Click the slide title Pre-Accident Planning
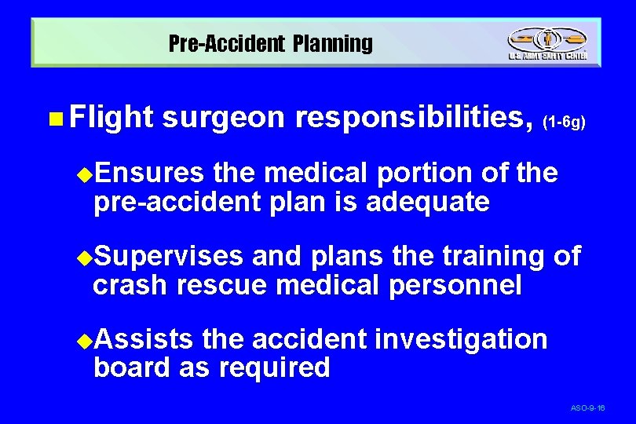[x=271, y=44]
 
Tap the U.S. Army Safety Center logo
[x=547, y=43]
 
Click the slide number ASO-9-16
[x=588, y=408]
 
